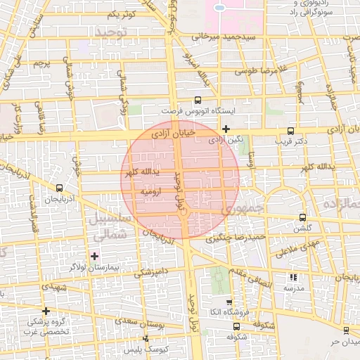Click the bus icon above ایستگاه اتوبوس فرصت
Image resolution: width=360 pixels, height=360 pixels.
tap(198, 100)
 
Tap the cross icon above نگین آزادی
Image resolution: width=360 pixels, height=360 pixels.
tap(225, 129)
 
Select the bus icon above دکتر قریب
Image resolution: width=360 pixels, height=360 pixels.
tap(291, 131)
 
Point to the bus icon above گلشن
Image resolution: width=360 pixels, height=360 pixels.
tap(302, 217)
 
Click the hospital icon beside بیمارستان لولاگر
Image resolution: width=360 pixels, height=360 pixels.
tap(94, 255)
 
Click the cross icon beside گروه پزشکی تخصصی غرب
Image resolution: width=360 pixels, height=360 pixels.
tap(46, 311)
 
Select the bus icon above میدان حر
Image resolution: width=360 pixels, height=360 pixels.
tap(345, 330)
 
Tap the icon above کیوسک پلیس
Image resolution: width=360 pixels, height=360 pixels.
tap(146, 339)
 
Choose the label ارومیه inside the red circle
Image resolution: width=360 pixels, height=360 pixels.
tap(152, 191)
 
